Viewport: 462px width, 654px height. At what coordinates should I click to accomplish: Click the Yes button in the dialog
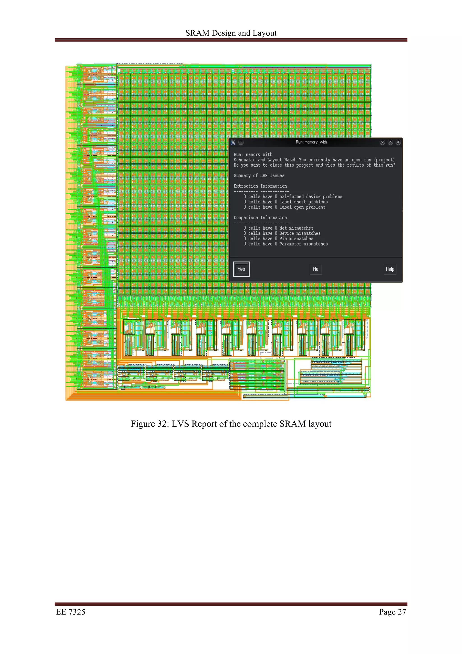(x=241, y=269)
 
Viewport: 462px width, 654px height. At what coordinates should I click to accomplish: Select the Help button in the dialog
(x=390, y=269)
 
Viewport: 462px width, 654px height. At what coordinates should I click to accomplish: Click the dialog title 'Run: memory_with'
(x=311, y=142)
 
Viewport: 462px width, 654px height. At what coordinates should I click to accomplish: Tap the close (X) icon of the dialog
(x=398, y=142)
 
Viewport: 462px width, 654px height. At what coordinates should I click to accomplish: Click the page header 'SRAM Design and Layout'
(x=231, y=33)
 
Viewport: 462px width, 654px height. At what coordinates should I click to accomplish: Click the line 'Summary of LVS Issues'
(x=259, y=176)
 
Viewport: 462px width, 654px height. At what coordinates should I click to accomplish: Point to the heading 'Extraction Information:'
(x=261, y=186)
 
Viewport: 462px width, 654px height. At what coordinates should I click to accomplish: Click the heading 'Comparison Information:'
(x=261, y=218)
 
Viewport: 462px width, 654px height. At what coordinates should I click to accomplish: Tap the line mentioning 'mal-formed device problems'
(x=293, y=197)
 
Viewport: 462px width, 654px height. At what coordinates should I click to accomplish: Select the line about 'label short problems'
(x=286, y=202)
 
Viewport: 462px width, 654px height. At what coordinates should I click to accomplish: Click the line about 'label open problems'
(x=284, y=207)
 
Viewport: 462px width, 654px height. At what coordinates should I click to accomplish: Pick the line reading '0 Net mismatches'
(x=278, y=228)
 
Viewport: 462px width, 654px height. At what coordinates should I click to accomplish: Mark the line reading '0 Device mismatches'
(x=282, y=233)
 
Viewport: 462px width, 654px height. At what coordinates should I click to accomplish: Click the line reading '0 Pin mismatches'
(x=278, y=239)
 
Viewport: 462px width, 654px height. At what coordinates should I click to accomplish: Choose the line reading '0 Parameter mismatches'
(x=286, y=244)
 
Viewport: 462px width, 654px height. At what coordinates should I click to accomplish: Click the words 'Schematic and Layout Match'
(x=265, y=160)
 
